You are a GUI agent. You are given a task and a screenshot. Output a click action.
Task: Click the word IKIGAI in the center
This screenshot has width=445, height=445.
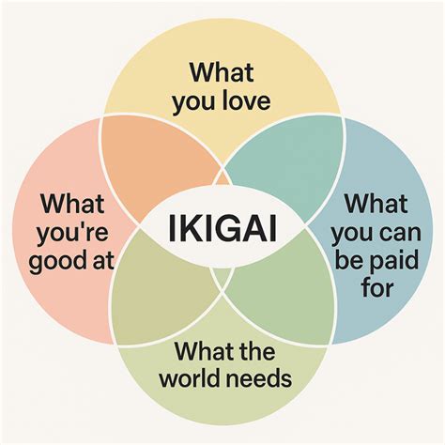[x=222, y=228]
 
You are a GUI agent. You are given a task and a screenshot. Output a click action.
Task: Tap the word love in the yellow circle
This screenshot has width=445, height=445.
[x=246, y=100]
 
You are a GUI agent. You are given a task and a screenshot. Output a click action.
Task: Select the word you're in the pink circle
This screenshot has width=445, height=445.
[x=72, y=233]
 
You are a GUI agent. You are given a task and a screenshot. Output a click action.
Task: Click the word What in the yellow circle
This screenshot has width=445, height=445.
[x=222, y=72]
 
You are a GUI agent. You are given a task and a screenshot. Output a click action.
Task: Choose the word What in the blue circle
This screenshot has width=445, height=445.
[x=376, y=204]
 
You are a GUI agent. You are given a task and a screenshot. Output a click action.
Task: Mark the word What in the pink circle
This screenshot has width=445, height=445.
[x=72, y=204]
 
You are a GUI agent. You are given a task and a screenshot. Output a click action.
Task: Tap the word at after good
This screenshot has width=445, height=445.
[x=102, y=262]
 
